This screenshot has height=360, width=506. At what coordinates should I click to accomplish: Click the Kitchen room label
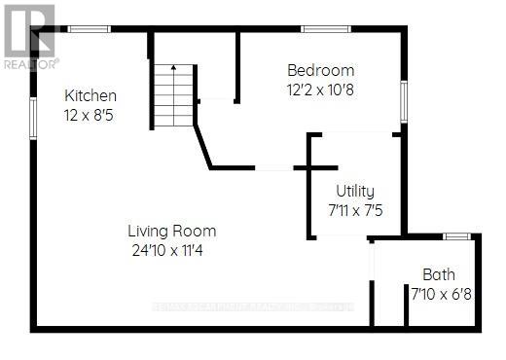coord(90,95)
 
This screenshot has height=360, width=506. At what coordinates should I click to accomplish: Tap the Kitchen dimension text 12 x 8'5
coord(90,113)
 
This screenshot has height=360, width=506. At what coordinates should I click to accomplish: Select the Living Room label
coord(171,232)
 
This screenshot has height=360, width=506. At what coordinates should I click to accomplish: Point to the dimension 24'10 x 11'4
coord(171,249)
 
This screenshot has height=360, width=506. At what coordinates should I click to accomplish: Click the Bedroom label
coord(320,70)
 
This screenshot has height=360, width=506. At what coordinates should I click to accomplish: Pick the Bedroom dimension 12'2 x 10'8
coord(320,89)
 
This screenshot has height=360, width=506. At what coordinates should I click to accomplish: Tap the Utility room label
coord(354,191)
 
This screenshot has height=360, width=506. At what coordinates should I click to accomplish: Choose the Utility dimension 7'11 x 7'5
coord(354,208)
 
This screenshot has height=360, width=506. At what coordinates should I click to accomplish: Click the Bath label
coord(438,274)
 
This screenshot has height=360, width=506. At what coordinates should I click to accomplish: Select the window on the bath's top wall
coord(456,235)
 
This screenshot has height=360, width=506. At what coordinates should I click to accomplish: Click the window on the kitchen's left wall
coord(35,116)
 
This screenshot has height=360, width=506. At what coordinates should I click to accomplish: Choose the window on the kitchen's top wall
coord(88,29)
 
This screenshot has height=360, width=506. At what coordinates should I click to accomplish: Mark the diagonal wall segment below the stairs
coord(204,144)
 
